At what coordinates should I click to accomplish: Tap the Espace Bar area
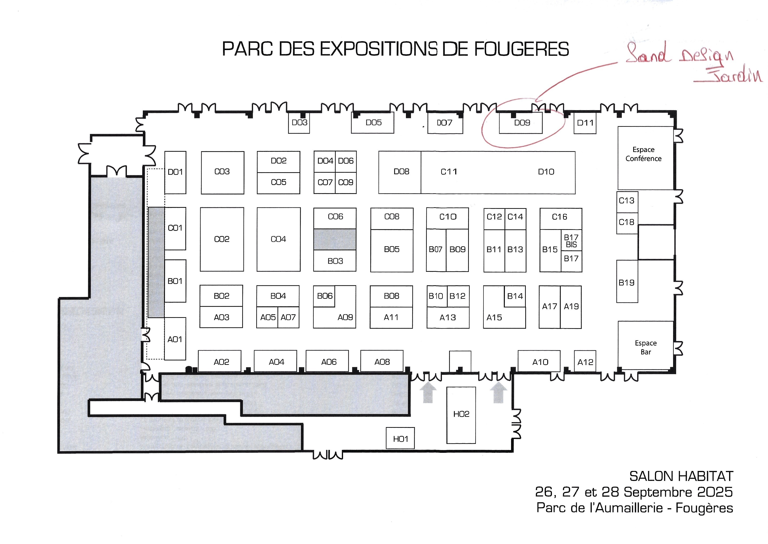(x=645, y=345)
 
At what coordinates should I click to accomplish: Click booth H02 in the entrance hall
(x=461, y=415)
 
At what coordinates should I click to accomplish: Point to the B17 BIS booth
(x=571, y=240)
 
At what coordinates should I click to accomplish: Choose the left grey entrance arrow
(x=428, y=393)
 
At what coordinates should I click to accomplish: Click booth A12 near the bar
(x=585, y=361)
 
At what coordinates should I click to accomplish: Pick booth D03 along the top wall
(x=299, y=123)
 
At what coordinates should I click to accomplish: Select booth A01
(x=175, y=339)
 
